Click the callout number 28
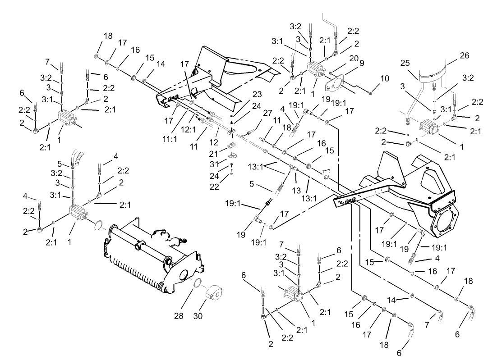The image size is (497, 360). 179,316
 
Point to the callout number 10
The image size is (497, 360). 384,79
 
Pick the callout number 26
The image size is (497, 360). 465,56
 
